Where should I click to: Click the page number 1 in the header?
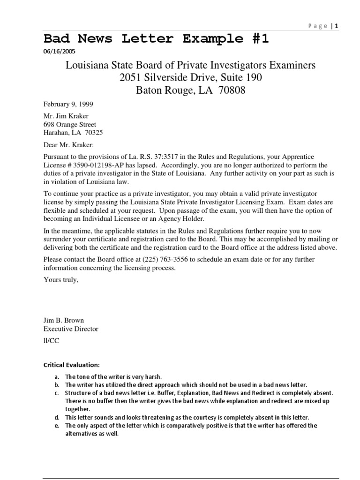tap(336, 26)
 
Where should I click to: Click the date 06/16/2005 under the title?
tap(59, 52)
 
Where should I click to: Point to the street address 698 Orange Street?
tap(70, 125)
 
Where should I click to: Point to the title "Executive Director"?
tap(71, 329)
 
